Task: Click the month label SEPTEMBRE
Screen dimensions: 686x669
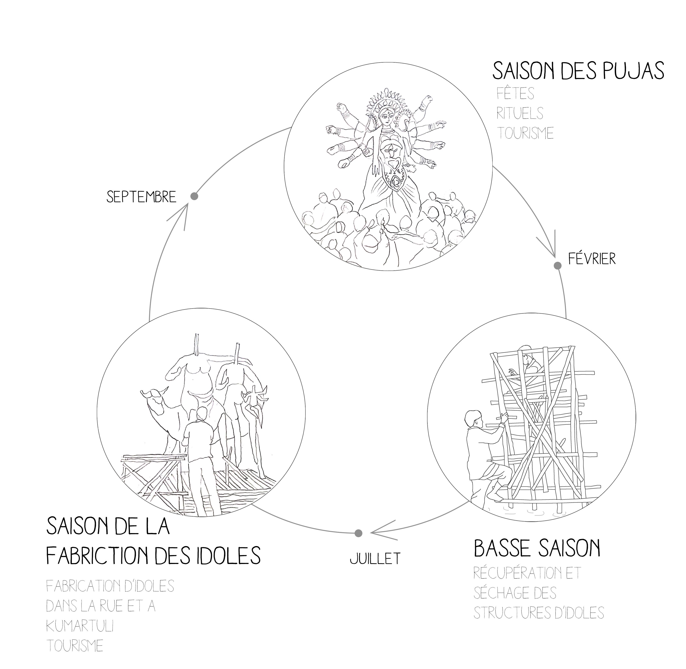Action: (141, 197)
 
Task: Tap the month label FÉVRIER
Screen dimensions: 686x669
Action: (592, 259)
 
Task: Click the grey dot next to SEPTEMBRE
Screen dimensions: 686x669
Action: (194, 196)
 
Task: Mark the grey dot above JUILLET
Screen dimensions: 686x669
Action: (358, 533)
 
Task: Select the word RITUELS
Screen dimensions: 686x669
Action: (520, 113)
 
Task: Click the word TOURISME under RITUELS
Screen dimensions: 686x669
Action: (525, 133)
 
